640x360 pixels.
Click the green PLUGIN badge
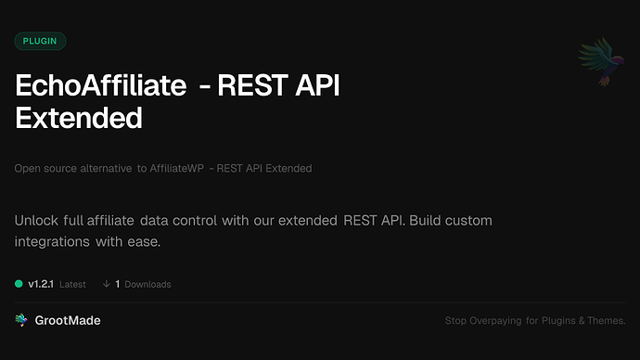[40, 41]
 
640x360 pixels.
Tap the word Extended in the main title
[79, 118]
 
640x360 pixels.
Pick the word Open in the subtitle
[28, 169]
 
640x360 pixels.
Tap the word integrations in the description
[54, 242]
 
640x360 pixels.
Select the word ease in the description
[144, 242]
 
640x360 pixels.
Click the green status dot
[19, 284]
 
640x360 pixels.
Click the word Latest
[73, 284]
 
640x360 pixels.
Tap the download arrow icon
[107, 284]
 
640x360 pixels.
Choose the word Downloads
[147, 284]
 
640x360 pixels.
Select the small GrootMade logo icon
[21, 320]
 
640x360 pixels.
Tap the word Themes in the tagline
[605, 321]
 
